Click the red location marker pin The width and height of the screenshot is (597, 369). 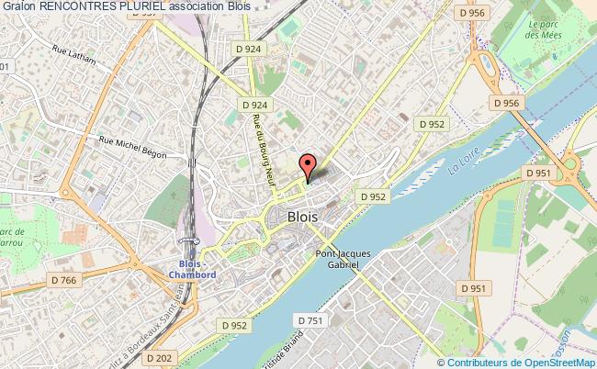[x=309, y=166]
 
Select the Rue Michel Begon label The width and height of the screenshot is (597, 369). [x=132, y=147]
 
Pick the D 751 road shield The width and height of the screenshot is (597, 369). [x=311, y=319]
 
